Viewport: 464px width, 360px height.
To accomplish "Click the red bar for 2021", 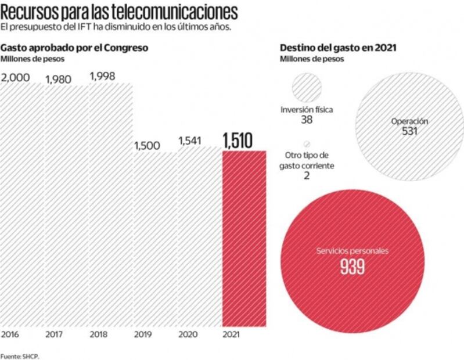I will pyautogui.click(x=244, y=238).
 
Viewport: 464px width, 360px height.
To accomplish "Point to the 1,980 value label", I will pyautogui.click(x=58, y=79).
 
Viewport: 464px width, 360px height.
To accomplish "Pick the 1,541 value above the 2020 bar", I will pyautogui.click(x=191, y=141).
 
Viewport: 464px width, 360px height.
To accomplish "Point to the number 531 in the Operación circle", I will pyautogui.click(x=409, y=131).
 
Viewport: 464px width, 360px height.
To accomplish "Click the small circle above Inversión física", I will pyautogui.click(x=306, y=89).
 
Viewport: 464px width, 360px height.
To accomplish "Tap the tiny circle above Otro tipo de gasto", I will pyautogui.click(x=306, y=144).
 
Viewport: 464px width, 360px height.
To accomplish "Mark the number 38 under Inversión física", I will pyautogui.click(x=307, y=120).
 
